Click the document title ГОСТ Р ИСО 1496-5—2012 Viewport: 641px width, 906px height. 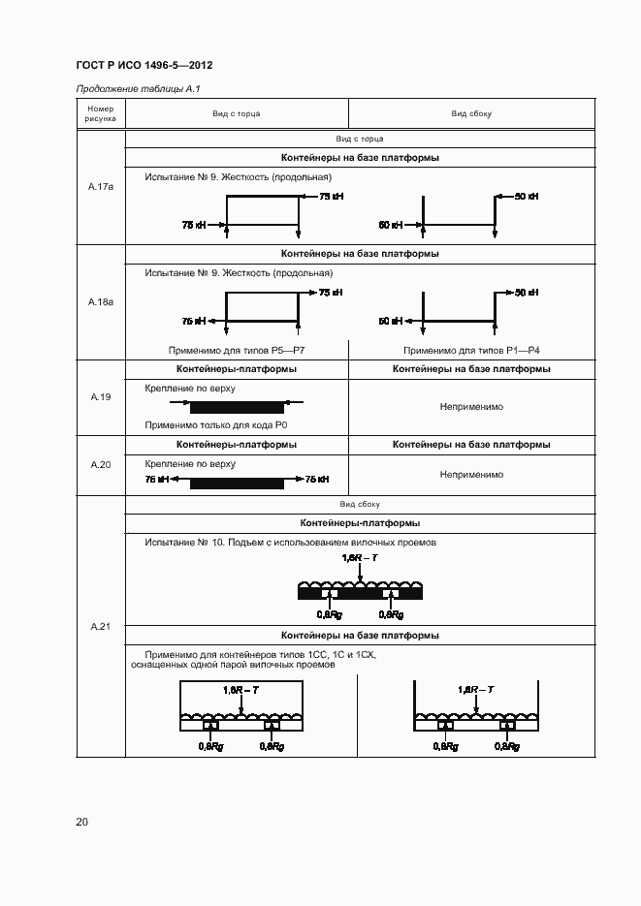coord(144,65)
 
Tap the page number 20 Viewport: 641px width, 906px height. coord(81,822)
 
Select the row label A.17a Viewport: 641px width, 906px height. coord(101,186)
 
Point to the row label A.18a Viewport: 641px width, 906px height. coord(101,302)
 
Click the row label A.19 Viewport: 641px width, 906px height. coord(101,397)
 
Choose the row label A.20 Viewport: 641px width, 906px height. coord(101,465)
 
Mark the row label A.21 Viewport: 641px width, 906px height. coord(101,627)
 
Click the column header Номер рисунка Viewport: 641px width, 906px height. coord(101,113)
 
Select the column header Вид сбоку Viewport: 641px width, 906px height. coord(471,113)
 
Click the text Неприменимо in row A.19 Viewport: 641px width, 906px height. coord(471,407)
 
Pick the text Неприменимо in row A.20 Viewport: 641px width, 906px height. coord(471,475)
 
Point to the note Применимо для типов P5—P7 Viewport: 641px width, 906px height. coord(237,350)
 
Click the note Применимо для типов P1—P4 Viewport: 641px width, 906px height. coord(471,350)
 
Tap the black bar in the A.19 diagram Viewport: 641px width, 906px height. coord(237,407)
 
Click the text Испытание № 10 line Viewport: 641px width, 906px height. coord(290,542)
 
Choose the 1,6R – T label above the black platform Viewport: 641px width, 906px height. coord(359,558)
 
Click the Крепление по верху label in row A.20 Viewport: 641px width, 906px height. coord(190,464)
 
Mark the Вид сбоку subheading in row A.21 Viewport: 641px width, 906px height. coord(360,504)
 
